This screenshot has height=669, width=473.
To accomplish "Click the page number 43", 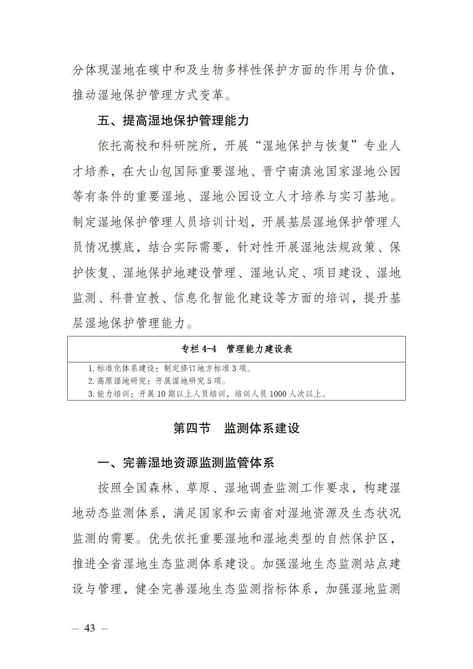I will (x=90, y=628).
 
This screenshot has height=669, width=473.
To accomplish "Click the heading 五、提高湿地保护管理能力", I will (x=173, y=121).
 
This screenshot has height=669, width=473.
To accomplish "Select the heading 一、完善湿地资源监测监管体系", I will (x=186, y=463).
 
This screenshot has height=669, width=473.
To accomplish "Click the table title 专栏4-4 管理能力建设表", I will (x=236, y=349).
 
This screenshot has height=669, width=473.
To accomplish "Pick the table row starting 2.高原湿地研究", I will (x=157, y=381).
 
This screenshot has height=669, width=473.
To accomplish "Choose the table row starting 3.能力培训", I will (x=207, y=394).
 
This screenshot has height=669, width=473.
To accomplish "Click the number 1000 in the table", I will (x=278, y=394).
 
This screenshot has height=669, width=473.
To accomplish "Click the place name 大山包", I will (x=161, y=171).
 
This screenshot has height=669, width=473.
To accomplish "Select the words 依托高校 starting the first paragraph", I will (x=122, y=146).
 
